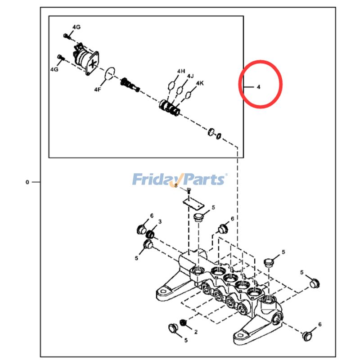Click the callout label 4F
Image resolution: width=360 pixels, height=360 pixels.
pos(97,90)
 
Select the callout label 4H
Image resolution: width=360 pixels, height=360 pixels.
pos(181,71)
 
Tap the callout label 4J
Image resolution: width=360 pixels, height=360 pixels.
pos(190,76)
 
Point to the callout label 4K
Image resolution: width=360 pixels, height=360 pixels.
pos(200,83)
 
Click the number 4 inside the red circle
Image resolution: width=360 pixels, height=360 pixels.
pos(258,86)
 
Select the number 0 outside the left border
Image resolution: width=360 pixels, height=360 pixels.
pos(27,182)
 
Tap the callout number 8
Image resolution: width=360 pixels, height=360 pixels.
pos(176,185)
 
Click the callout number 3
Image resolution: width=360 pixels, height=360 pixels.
pos(160,222)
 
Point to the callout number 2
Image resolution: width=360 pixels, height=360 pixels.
pos(196,332)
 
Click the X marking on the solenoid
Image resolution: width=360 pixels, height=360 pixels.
pos(92,63)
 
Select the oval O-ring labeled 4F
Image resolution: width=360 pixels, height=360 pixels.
pos(110,73)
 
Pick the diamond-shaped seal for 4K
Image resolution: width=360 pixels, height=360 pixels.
pos(190,94)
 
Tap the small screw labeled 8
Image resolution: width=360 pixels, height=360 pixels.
pos(189,192)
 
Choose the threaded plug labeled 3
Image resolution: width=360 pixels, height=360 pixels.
pos(152,234)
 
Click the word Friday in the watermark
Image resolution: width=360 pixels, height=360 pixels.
pos(153,180)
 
